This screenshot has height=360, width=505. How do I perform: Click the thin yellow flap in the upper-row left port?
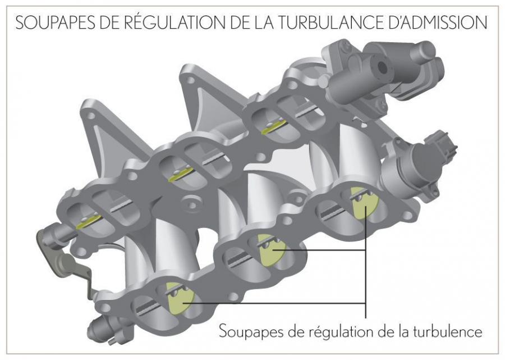pyautogui.click(x=89, y=221)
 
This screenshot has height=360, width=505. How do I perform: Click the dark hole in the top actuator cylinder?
pyautogui.click(x=382, y=67)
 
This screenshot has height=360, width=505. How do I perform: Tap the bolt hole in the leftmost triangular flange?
pyautogui.click(x=91, y=116)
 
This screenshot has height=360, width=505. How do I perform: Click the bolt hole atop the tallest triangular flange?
pyautogui.click(x=191, y=80)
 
